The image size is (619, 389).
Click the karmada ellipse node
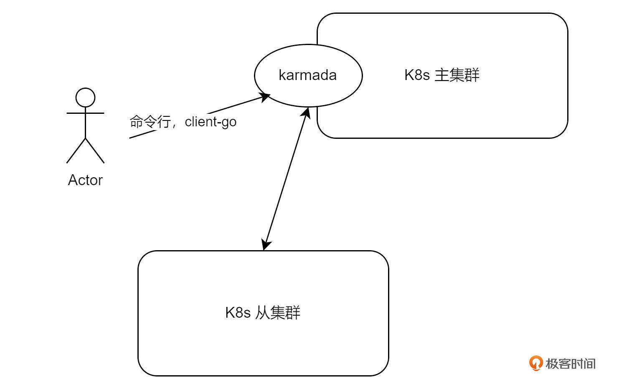[x=308, y=90]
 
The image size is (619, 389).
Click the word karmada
[x=307, y=75]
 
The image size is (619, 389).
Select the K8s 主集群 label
[x=442, y=75]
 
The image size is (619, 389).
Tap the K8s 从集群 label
[x=263, y=312]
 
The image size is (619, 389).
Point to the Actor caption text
[x=85, y=180]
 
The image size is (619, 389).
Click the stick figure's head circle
[x=85, y=98]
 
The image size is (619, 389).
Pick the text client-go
[x=211, y=122]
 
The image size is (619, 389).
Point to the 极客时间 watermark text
[x=570, y=364]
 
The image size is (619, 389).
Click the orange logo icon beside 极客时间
[x=535, y=363]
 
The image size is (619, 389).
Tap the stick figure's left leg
[x=76, y=151]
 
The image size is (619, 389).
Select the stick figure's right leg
[x=95, y=151]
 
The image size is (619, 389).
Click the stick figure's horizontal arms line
[x=85, y=113]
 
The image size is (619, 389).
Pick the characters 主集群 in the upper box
[x=457, y=75]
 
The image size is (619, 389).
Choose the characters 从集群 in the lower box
[x=278, y=312]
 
